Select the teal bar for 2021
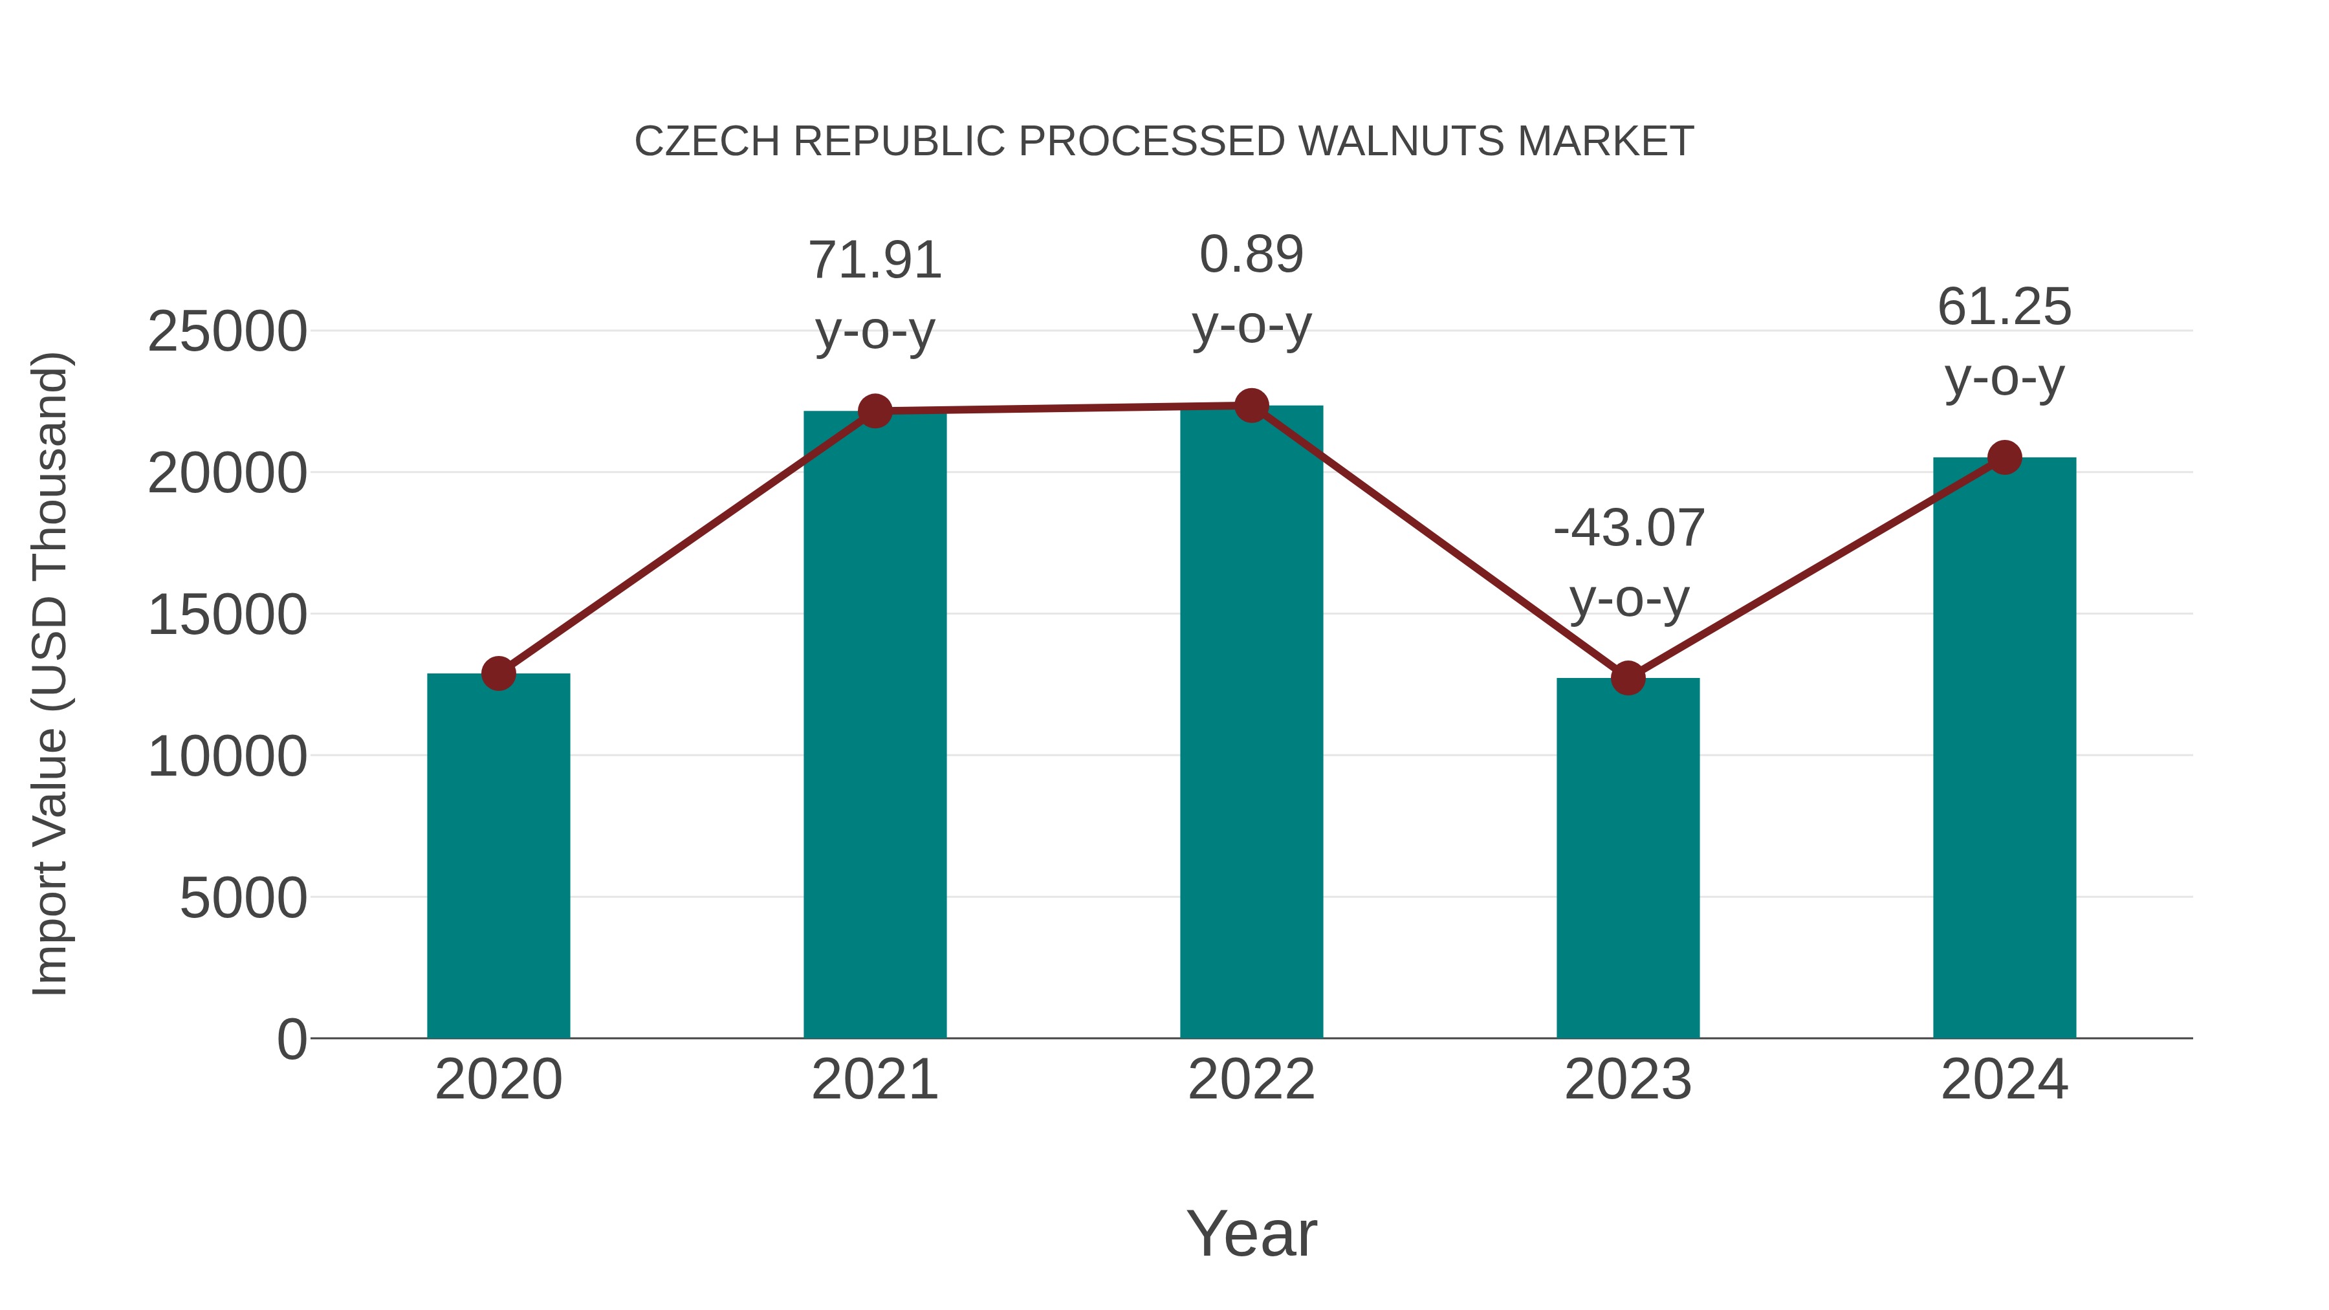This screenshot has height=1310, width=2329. click(x=874, y=724)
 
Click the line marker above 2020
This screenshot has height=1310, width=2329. click(x=498, y=673)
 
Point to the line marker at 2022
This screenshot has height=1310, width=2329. click(x=1251, y=406)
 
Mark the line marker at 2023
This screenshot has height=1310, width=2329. click(x=1628, y=677)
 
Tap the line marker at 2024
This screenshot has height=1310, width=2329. click(x=2004, y=457)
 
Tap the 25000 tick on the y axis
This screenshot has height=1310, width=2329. click(x=227, y=332)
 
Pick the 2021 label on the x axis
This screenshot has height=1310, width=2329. click(x=874, y=1080)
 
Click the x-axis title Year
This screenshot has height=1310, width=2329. click(x=1251, y=1233)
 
